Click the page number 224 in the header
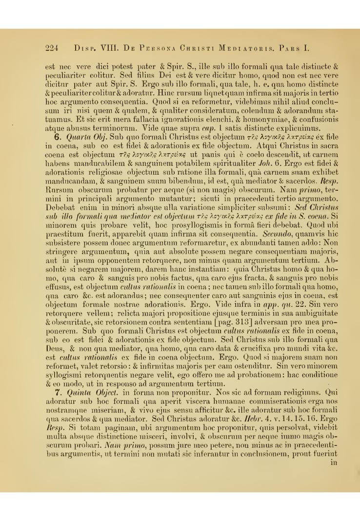52,48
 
